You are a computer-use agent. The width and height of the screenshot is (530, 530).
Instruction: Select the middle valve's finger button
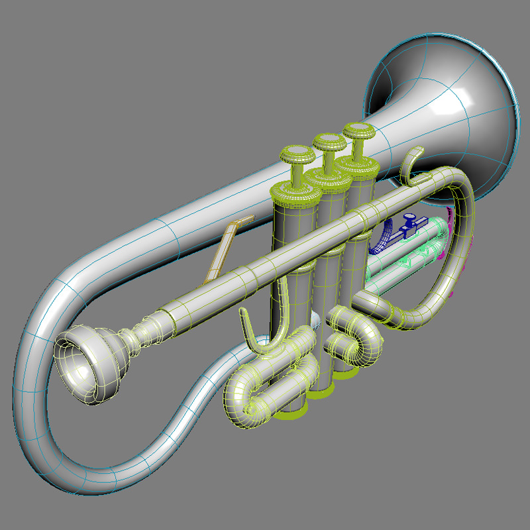pyautogui.click(x=329, y=141)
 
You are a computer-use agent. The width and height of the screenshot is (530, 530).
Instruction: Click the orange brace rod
pyautogui.click(x=225, y=249)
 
